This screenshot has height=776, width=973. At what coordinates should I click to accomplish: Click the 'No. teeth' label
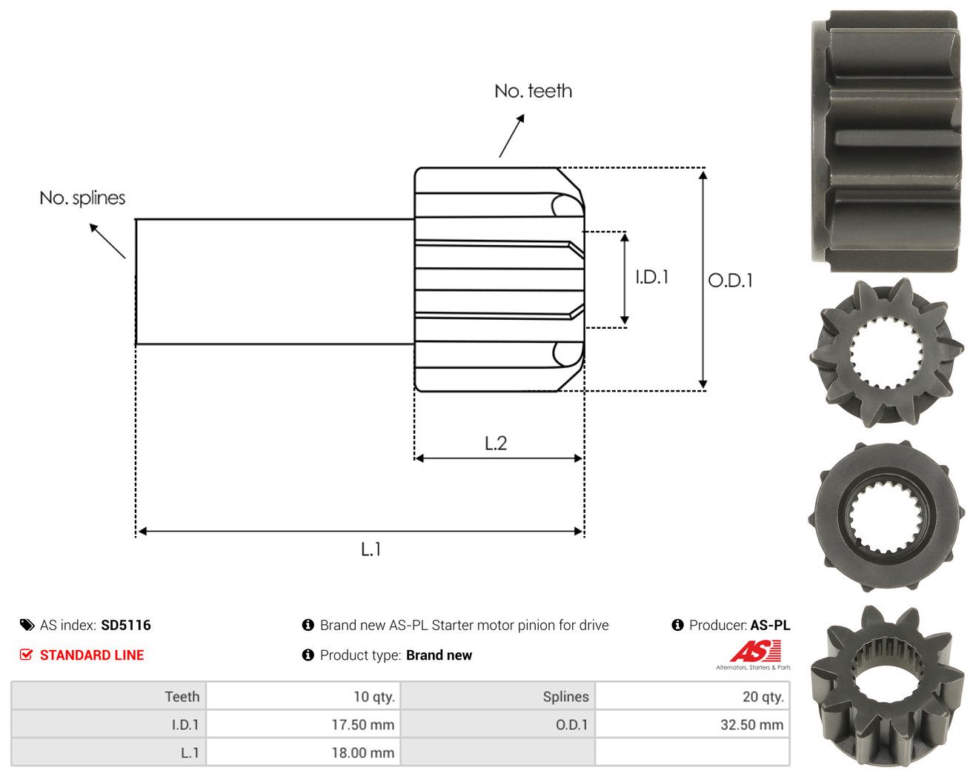[533, 91]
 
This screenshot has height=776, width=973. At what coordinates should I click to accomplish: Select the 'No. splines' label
[82, 198]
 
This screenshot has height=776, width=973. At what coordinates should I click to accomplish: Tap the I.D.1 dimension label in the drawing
[651, 277]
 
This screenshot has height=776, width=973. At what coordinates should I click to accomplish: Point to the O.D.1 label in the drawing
[730, 281]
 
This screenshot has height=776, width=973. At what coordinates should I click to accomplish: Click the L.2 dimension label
[496, 444]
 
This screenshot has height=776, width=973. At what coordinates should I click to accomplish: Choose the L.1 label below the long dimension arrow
[371, 549]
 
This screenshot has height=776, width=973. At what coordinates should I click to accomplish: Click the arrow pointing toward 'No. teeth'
[512, 136]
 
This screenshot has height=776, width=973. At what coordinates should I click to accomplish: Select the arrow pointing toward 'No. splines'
[107, 241]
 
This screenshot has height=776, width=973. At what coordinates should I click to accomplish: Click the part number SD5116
[126, 625]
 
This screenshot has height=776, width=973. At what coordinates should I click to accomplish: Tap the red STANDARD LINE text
[92, 655]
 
